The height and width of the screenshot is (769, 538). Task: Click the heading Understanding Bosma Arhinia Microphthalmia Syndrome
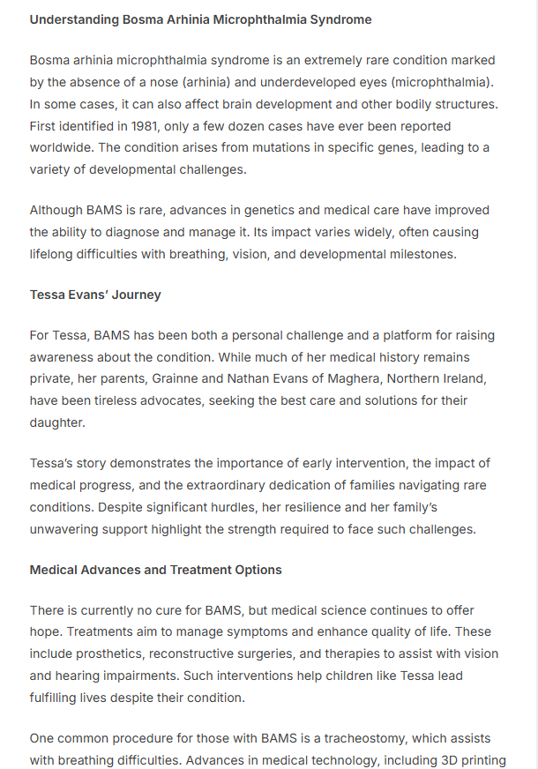(x=200, y=19)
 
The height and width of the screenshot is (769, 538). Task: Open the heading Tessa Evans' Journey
(x=95, y=295)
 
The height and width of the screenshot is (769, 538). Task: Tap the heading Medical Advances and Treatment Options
(x=156, y=570)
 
